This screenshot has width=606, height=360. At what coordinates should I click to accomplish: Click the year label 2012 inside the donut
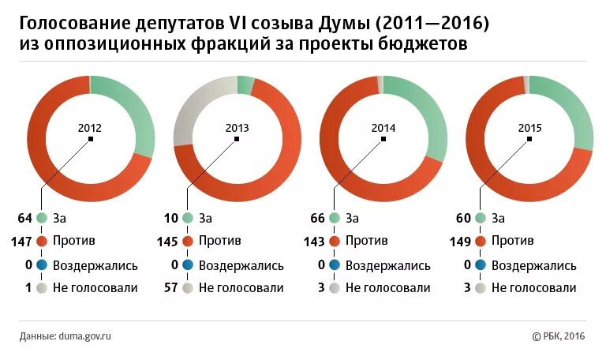pos(90,127)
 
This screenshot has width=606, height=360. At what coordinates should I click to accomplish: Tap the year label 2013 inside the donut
pos(237,127)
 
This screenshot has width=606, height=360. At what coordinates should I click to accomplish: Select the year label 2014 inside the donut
pos(383,127)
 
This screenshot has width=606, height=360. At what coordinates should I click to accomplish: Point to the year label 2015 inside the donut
pos(529,127)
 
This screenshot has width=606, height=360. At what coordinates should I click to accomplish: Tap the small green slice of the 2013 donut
pos(245,84)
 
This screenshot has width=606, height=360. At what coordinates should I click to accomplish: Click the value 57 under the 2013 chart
pos(170,288)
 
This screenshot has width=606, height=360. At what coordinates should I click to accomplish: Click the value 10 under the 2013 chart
pos(170,218)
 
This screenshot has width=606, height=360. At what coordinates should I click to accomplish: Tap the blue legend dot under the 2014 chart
pos(335,265)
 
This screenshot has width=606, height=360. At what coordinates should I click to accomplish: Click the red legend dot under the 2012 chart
pos(41,242)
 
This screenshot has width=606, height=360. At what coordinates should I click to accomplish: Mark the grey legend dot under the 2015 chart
pos(481,288)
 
